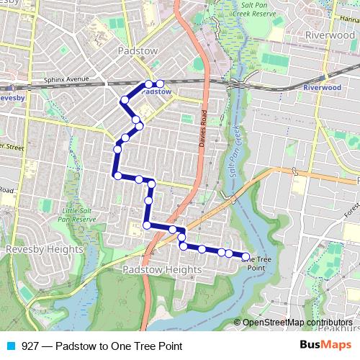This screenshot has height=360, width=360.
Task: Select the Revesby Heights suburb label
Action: click(35, 249)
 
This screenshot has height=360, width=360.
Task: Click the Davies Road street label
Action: click(203, 130)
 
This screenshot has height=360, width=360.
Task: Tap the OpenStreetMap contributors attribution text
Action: click(297, 323)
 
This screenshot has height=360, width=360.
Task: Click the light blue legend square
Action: click(10, 346)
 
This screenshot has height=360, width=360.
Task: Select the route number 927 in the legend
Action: click(30, 346)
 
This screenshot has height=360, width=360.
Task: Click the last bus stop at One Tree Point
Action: click(245, 257)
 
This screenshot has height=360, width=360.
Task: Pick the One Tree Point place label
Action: click(261, 263)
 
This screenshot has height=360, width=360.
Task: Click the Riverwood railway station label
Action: click(322, 87)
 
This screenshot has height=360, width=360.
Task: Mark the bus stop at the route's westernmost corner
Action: click(117, 175)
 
